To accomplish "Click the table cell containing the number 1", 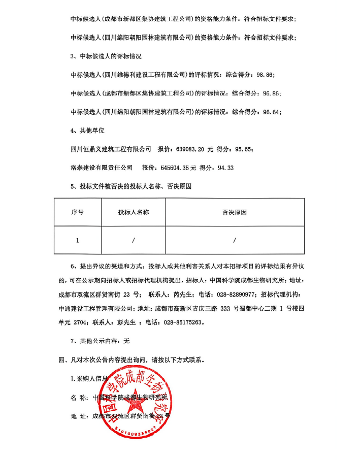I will click(x=77, y=240).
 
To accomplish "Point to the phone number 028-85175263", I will click(x=182, y=322).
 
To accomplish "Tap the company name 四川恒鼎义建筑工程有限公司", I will click(x=110, y=149).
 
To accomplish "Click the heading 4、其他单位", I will click(x=87, y=130).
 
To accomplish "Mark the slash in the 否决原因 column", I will click(x=234, y=240).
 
